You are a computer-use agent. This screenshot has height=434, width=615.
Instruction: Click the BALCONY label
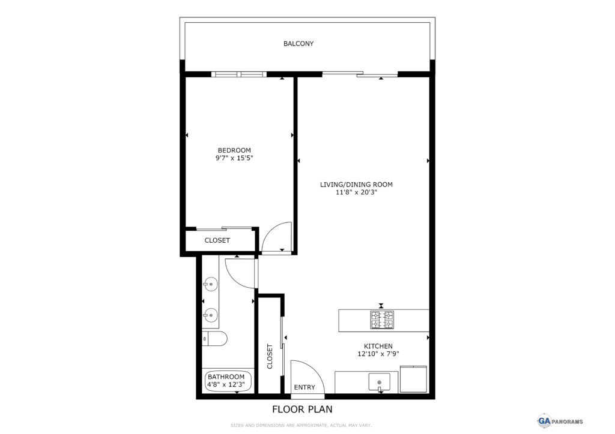pyautogui.click(x=298, y=44)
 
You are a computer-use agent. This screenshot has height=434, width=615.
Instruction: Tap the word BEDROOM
pyautogui.click(x=234, y=150)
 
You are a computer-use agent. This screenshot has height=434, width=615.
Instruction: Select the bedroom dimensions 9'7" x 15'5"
pyautogui.click(x=234, y=158)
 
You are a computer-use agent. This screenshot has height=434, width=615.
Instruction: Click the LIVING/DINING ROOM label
pyautogui.click(x=356, y=185)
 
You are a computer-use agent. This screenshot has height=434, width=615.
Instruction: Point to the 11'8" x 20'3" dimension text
pyautogui.click(x=356, y=192)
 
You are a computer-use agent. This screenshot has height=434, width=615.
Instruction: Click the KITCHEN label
pyautogui.click(x=378, y=346)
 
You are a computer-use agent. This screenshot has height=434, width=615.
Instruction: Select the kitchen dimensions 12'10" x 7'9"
pyautogui.click(x=378, y=354)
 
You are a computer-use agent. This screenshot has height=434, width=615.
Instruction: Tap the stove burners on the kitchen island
pyautogui.click(x=382, y=320)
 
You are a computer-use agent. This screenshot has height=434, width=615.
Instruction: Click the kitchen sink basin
pyautogui.click(x=380, y=382)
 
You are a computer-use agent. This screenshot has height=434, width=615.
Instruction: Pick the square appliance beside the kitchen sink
pyautogui.click(x=413, y=379)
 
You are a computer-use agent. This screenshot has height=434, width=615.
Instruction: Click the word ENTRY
pyautogui.click(x=304, y=387)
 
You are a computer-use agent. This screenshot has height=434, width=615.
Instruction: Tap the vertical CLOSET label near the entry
pyautogui.click(x=270, y=356)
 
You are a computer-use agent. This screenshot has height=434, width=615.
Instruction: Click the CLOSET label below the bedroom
pyautogui.click(x=217, y=240)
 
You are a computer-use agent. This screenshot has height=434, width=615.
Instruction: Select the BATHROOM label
pyautogui.click(x=226, y=377)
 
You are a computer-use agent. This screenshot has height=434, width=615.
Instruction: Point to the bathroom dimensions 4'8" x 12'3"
pyautogui.click(x=226, y=385)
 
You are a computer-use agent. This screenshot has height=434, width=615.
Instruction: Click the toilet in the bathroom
pyautogui.click(x=214, y=339)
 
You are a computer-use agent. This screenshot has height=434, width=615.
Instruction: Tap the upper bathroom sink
pyautogui.click(x=211, y=284)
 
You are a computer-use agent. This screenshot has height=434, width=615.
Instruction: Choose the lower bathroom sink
pyautogui.click(x=211, y=315)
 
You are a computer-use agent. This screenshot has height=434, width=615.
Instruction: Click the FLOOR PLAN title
pyautogui.click(x=303, y=409)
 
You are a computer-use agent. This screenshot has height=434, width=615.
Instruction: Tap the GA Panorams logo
pyautogui.click(x=560, y=421)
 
